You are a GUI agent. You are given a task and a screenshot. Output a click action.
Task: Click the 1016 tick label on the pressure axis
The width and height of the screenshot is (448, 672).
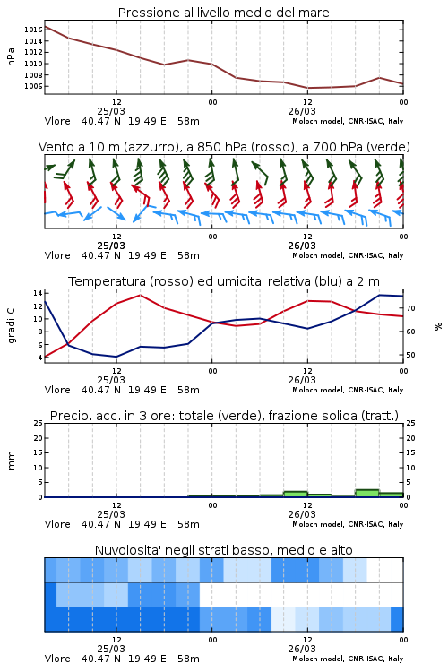(x=33, y=30)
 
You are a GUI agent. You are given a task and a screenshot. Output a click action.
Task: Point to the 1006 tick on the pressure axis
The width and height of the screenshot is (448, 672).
(x=33, y=86)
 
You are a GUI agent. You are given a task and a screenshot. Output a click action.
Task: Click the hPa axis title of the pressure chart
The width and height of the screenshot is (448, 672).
(x=11, y=56)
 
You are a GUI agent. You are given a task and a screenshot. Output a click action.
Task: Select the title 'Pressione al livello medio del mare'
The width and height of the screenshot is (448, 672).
(x=224, y=13)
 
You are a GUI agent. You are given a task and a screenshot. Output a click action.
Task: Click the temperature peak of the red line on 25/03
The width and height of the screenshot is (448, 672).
(x=140, y=295)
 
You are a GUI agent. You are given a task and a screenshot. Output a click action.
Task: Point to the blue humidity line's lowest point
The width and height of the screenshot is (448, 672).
(x=116, y=357)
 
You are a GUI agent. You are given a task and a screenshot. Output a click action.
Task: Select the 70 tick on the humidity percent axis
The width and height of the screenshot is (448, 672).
(x=410, y=308)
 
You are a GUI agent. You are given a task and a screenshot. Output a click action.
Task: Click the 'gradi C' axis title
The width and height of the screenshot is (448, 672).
(x=11, y=326)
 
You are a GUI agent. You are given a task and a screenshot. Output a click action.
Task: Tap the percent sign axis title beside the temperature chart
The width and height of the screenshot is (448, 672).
(x=438, y=326)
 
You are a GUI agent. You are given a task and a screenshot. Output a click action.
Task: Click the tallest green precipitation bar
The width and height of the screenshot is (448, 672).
(x=367, y=493)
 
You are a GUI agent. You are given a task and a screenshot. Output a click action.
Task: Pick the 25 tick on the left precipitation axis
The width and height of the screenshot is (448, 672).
(x=38, y=423)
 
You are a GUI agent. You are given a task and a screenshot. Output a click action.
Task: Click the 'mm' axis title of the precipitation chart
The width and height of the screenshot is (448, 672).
(x=11, y=461)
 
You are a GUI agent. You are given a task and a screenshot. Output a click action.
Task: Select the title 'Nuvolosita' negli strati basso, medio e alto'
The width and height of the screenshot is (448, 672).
(x=224, y=550)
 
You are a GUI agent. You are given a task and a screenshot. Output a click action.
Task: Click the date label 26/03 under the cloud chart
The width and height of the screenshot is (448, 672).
(x=302, y=649)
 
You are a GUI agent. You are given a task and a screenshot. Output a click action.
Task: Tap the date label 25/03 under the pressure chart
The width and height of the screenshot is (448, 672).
(x=111, y=111)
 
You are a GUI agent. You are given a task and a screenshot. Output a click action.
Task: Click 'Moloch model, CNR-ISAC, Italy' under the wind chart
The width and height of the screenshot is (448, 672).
(x=348, y=255)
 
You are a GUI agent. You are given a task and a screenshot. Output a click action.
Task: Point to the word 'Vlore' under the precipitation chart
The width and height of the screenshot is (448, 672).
(x=57, y=524)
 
